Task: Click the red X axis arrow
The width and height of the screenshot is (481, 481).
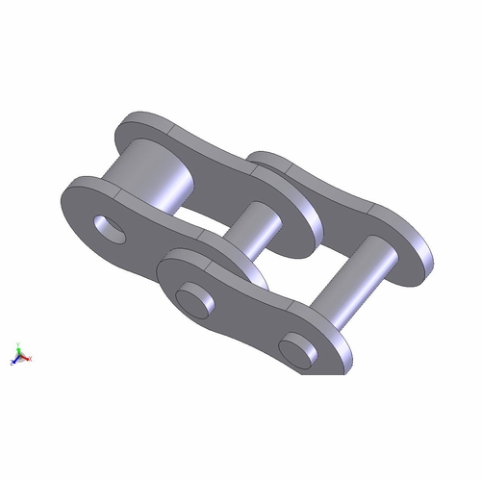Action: (29, 359)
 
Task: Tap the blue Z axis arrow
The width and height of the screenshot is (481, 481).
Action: (13, 363)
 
